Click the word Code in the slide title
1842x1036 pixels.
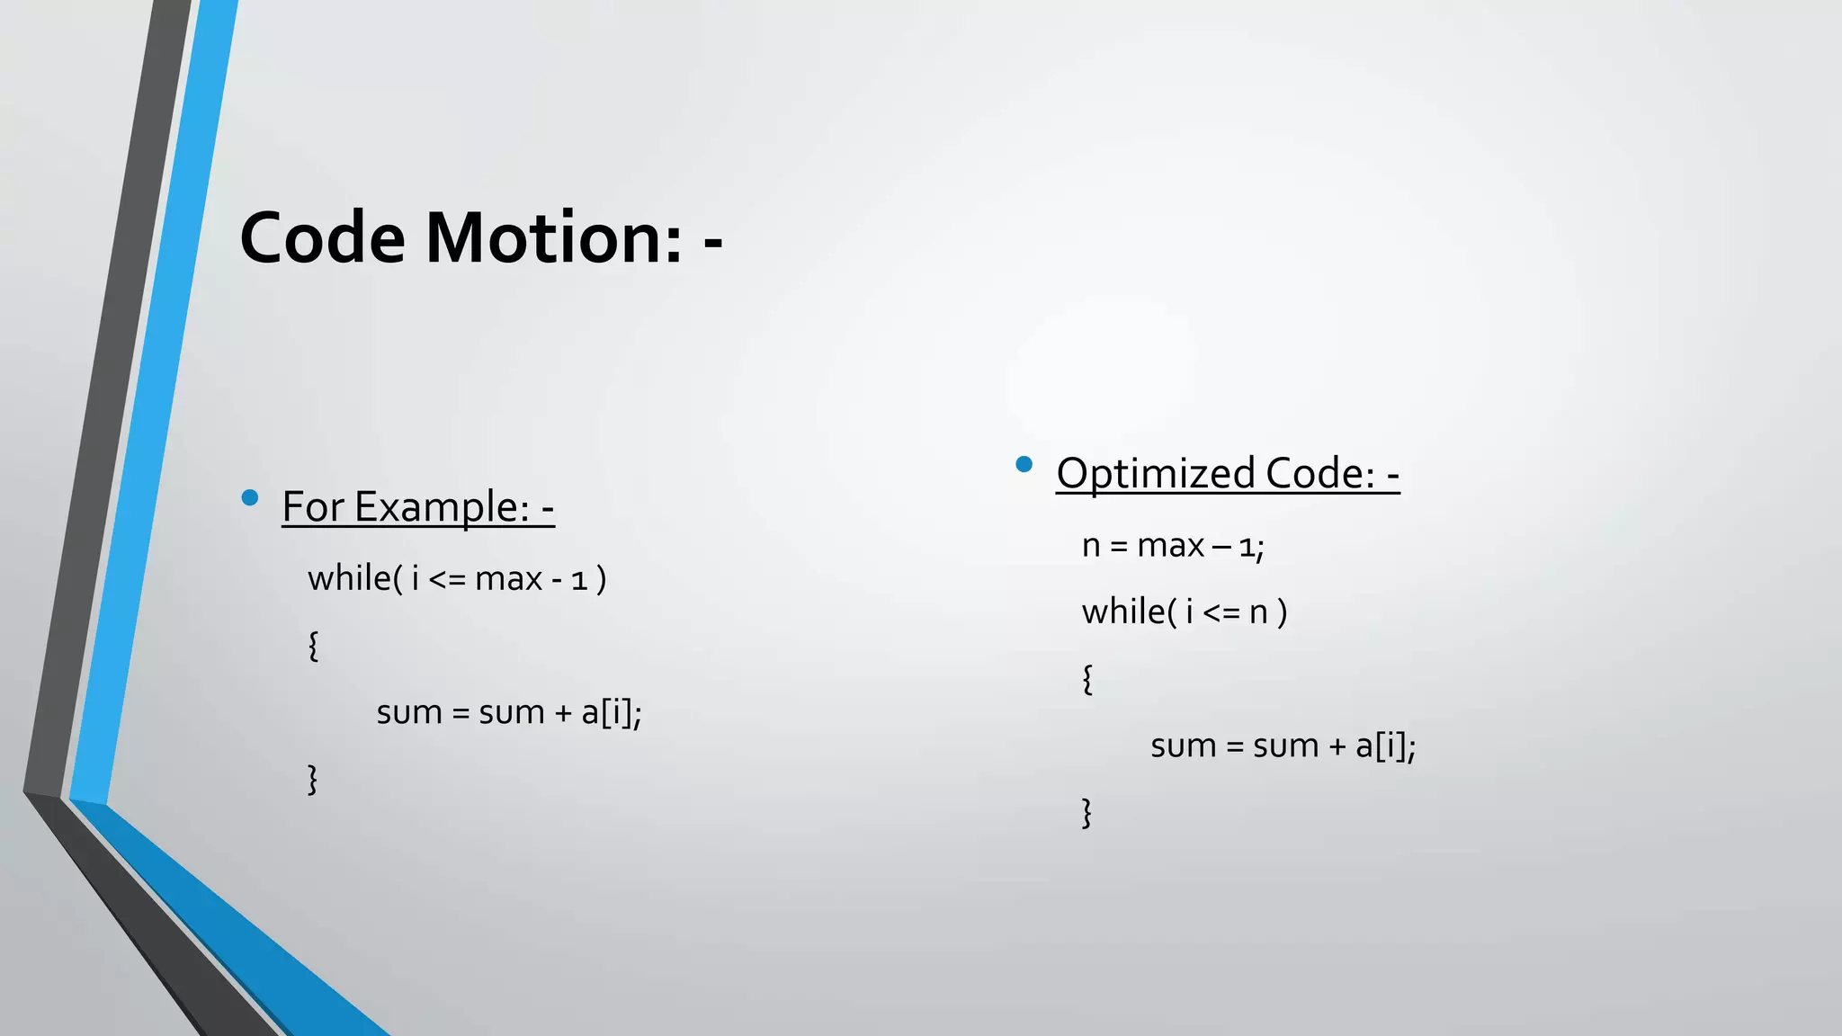tap(323, 237)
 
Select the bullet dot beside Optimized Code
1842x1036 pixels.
tap(1024, 464)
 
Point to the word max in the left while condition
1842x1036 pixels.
tap(508, 579)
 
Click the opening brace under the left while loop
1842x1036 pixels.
tap(313, 646)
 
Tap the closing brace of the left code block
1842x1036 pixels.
tap(313, 779)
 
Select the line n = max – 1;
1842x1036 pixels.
tap(1173, 546)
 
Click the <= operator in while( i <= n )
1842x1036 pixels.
tap(1221, 613)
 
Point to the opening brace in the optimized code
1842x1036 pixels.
tap(1087, 679)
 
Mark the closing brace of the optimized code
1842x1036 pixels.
tap(1087, 812)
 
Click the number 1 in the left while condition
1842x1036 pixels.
tap(579, 581)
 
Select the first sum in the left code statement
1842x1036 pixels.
tap(409, 713)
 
